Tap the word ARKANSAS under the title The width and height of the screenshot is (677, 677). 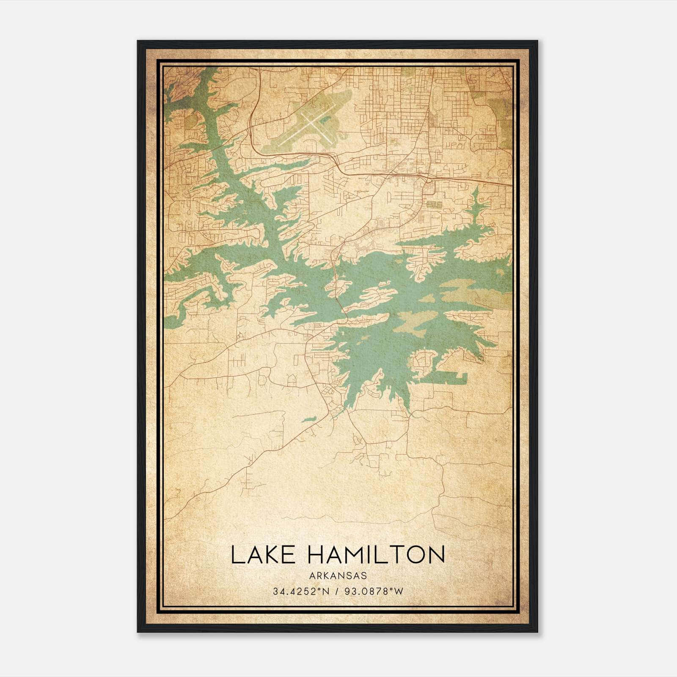(338, 576)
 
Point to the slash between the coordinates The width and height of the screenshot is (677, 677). (337, 592)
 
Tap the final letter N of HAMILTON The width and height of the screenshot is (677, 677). (436, 555)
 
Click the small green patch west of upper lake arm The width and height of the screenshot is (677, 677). (190, 121)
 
